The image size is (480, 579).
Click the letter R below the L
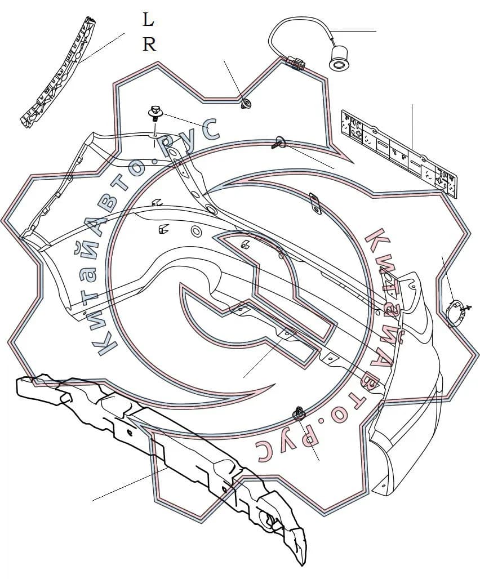(x=149, y=44)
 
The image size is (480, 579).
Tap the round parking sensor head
(x=338, y=59)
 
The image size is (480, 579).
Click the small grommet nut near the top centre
(x=246, y=103)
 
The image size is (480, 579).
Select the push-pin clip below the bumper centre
(x=299, y=413)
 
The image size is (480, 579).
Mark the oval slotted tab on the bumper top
(x=314, y=203)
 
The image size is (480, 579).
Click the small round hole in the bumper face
(x=195, y=231)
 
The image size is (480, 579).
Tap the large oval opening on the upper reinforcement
(x=212, y=210)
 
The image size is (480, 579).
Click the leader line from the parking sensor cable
(x=353, y=31)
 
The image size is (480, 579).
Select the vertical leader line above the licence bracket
(x=412, y=127)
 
